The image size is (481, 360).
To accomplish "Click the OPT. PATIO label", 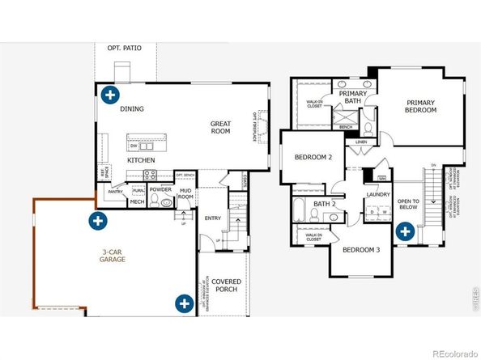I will point(124,49).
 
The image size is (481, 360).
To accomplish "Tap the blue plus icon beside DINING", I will point(109,94).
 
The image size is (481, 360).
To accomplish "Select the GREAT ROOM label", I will point(220,128).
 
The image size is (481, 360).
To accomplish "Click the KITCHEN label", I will point(141,160).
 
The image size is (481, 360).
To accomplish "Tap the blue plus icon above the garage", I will point(98,219).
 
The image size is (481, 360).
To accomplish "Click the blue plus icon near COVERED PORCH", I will point(185,303).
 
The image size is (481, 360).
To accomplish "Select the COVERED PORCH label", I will point(227,286).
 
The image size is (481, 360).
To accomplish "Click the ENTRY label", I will point(213,218).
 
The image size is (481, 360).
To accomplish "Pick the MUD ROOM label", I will point(185,193).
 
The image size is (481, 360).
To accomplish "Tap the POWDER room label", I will point(160,189).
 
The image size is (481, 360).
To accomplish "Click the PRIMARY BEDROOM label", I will point(420,107).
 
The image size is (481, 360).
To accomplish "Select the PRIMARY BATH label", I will point(353,98).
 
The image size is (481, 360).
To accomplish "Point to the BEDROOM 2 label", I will point(313,157).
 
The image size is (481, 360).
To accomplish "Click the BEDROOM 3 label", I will point(361,250).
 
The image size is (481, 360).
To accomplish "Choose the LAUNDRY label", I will point(378,194).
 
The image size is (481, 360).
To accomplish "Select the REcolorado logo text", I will point(454,353).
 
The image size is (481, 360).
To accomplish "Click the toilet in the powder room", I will point(167,202).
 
